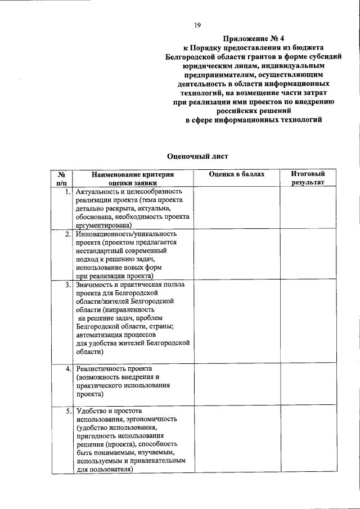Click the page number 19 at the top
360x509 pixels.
click(197, 25)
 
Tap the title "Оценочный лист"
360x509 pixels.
click(197, 156)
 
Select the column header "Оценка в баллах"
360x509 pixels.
click(236, 174)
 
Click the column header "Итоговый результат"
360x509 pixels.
click(308, 178)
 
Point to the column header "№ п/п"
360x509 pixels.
click(61, 178)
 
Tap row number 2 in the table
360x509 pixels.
click(67, 233)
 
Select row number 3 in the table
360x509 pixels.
click(67, 285)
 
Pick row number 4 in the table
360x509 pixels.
click(67, 368)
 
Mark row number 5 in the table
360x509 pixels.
click(67, 411)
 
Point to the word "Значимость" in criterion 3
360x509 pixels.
click(94, 285)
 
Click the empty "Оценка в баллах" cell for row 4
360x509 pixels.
click(236, 385)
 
